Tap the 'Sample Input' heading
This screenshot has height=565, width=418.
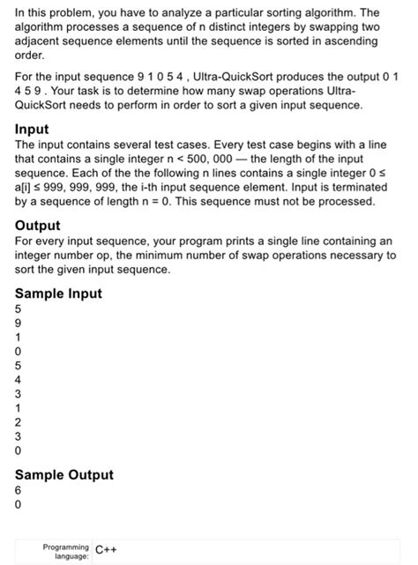(59, 294)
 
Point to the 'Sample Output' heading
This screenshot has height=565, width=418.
(64, 474)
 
